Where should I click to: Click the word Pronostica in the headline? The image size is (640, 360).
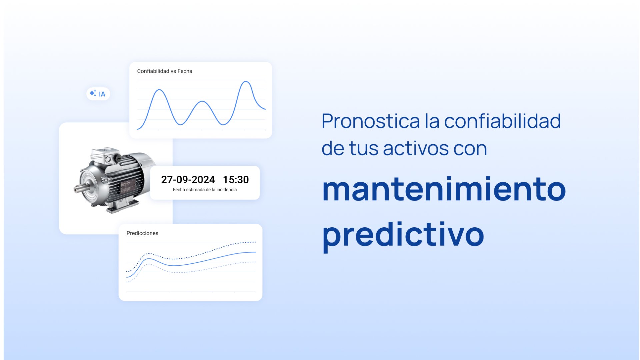coord(370,121)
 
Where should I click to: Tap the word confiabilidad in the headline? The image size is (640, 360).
coord(502,121)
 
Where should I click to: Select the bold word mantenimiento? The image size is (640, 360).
coord(444,189)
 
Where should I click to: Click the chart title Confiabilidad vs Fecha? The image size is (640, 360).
coord(164,71)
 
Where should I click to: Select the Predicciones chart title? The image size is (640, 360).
coord(142,233)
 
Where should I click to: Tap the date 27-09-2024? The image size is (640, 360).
coord(188,180)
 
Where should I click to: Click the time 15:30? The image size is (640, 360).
coord(236,180)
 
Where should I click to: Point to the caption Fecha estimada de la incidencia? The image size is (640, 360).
coord(205,190)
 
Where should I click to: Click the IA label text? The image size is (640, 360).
coord(102,94)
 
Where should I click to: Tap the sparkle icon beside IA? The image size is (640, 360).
coord(93,93)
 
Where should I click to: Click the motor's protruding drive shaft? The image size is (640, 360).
coord(79,189)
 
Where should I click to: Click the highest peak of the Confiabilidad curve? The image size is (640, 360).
coord(246,82)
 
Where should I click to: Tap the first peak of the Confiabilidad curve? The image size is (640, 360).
coord(160,90)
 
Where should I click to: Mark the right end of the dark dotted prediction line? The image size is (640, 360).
coord(255,242)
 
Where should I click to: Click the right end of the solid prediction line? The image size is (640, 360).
coord(255,252)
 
